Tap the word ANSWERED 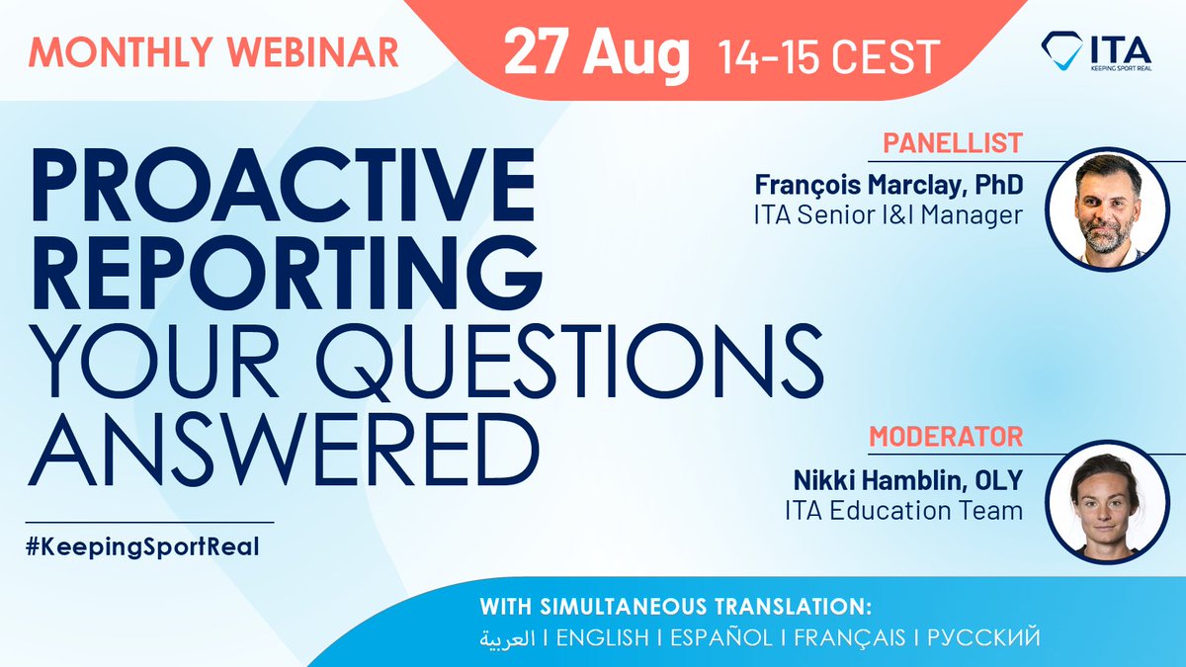(x=286, y=437)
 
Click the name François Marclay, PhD (x=889, y=185)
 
